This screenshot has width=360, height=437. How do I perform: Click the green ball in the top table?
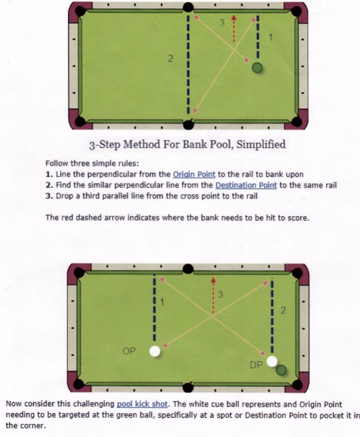coord(257,68)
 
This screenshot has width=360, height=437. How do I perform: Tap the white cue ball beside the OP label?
coord(155,351)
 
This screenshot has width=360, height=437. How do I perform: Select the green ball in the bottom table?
coord(281,370)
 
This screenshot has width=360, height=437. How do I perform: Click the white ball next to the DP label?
coord(272,361)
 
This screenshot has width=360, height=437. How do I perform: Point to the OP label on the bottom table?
coord(129,351)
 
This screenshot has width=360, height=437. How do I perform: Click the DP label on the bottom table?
coord(256,365)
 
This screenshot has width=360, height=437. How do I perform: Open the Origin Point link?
coord(194,174)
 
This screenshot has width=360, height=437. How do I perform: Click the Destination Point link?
coord(246,185)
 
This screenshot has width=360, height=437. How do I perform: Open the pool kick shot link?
coord(142,404)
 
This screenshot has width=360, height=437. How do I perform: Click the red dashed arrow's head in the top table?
coord(234,17)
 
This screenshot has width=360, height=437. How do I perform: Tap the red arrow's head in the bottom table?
coord(214,280)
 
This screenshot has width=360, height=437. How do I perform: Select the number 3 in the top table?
coord(222,23)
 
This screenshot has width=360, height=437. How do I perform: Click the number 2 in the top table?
coord(171,58)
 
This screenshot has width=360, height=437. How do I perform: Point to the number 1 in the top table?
coord(270,37)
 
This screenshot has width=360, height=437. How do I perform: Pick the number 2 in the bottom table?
coord(283,310)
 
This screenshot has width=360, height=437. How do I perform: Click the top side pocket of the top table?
coord(188,6)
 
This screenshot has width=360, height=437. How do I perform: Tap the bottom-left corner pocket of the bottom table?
coord(79,384)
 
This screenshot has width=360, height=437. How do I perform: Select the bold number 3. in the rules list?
coord(49,196)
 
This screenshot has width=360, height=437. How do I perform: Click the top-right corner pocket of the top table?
coord(297,11)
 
